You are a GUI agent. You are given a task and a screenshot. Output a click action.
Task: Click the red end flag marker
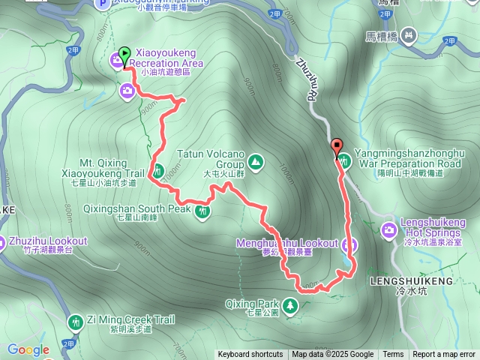(x=336, y=145)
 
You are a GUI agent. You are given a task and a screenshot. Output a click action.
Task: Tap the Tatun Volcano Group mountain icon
(x=255, y=161)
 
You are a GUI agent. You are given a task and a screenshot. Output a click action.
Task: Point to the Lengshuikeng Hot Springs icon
(x=390, y=229)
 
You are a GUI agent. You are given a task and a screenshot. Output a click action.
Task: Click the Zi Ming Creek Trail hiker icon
(x=75, y=322)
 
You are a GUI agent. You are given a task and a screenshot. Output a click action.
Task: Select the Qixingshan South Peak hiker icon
(x=202, y=211)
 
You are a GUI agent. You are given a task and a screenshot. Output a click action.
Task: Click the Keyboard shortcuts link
(x=250, y=355)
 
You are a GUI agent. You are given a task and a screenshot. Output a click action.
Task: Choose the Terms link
(x=393, y=355)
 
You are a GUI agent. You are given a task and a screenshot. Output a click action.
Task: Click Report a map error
(x=444, y=355)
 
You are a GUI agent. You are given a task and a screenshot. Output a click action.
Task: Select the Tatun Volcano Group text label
(x=211, y=158)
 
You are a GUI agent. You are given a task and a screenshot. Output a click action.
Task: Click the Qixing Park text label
(x=251, y=304)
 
